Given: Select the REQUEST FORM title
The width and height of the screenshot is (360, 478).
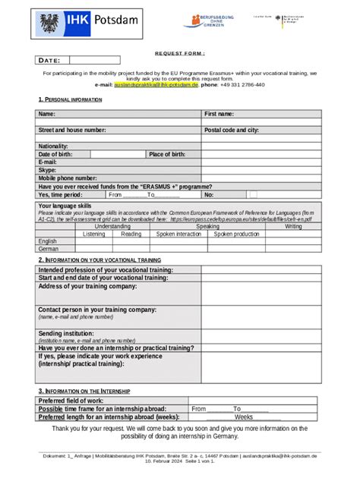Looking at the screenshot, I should point(180,53).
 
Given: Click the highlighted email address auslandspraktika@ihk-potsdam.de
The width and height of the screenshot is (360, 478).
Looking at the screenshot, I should point(156,85).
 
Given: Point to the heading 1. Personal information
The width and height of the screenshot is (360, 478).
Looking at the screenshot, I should point(70,99).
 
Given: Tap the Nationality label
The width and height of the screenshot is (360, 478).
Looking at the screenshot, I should point(53,146).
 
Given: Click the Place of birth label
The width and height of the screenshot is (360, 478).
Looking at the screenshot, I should point(167,154).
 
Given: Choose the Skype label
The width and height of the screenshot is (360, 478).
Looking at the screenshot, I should point(47,170).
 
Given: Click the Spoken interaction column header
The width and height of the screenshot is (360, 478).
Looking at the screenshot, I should point(178,234).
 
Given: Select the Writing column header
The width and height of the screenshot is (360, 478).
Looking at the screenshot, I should point(293,226).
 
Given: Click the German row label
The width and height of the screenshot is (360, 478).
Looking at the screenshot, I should point(49,248).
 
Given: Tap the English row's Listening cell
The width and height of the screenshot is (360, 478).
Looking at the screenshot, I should point(93,241).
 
